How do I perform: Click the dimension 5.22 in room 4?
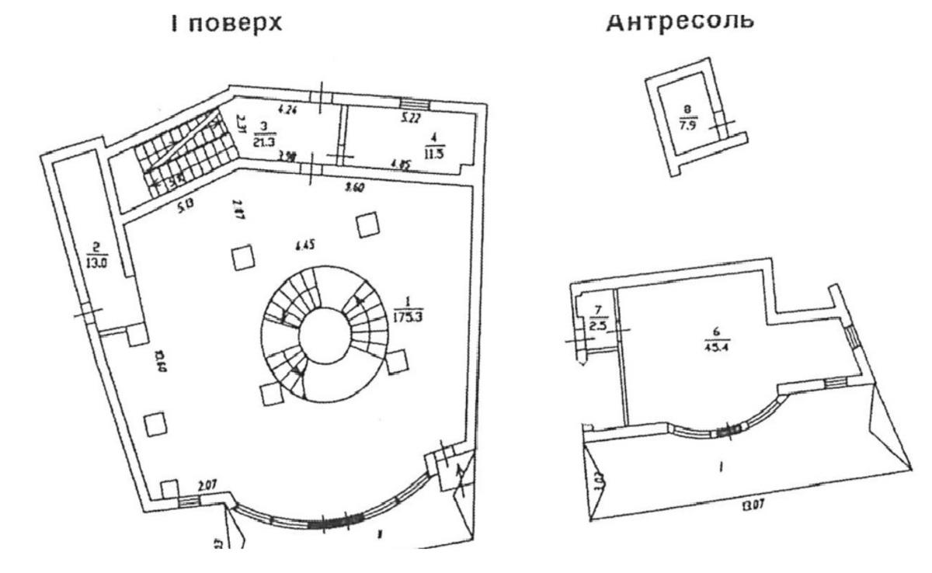(x=411, y=119)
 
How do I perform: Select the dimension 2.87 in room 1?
(x=238, y=210)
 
